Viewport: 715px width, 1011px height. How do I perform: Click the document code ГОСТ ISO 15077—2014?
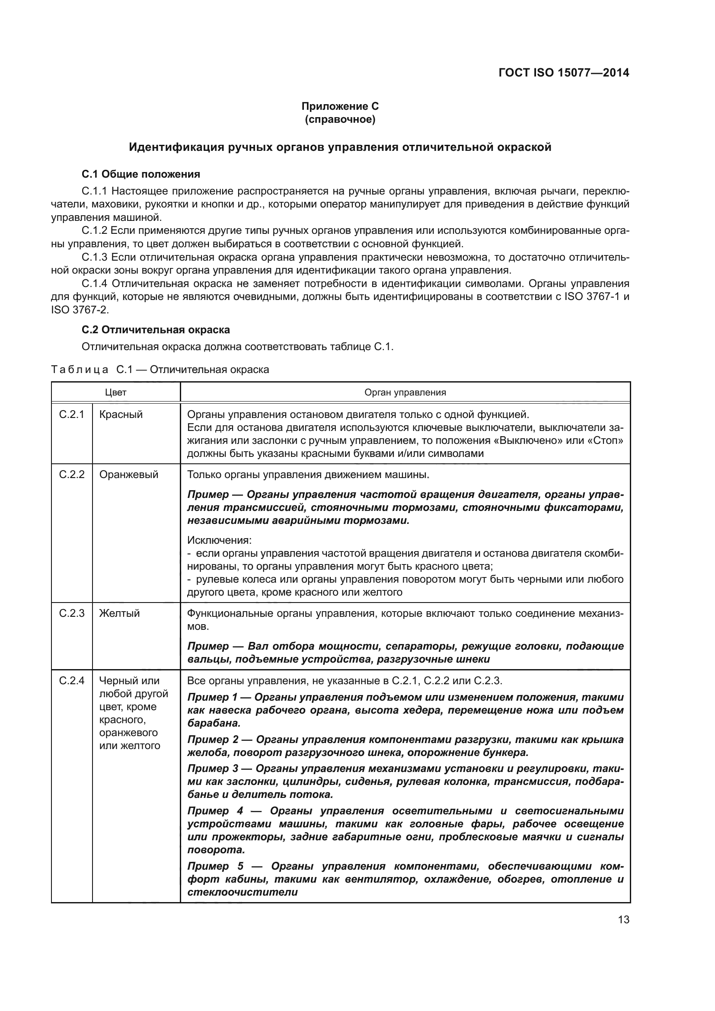[564, 73]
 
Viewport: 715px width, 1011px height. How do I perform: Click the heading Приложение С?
[340, 106]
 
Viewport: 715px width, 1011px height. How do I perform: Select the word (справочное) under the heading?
[340, 119]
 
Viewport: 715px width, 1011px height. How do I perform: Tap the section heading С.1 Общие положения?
[141, 174]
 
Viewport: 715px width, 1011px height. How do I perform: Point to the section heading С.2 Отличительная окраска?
[156, 329]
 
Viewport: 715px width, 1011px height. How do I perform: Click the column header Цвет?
[116, 392]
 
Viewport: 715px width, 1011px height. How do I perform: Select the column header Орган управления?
[405, 392]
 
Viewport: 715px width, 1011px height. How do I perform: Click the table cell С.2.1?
[72, 415]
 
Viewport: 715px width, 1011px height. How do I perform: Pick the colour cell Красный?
[121, 415]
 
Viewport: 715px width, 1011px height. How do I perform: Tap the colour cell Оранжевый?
[128, 475]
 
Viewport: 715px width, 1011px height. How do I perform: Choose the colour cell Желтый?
[119, 613]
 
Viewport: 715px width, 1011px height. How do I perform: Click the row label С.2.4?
[72, 681]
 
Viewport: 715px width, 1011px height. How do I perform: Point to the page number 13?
[623, 920]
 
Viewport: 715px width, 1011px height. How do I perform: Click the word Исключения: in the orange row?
[219, 540]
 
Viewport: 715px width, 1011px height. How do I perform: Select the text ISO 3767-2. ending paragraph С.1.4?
[80, 309]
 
